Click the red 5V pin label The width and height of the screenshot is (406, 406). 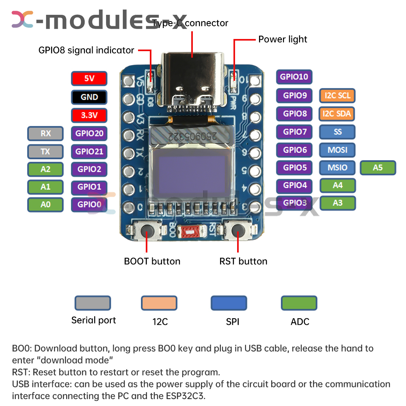(89, 78)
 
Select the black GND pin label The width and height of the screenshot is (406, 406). (89, 97)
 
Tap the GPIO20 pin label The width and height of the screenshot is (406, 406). (89, 133)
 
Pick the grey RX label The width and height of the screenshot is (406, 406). (45, 133)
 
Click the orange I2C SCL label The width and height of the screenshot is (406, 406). (337, 96)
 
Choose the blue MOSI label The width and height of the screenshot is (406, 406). (337, 150)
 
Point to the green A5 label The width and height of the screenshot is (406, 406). (378, 167)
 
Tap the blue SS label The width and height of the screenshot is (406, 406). (337, 132)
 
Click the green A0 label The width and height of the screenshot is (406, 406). (45, 205)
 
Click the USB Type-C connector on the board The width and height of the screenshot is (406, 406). (193, 77)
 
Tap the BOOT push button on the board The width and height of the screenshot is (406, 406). (147, 232)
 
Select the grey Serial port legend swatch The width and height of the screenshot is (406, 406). (93, 303)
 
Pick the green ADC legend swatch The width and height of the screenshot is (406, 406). (299, 303)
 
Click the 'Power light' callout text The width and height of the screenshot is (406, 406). (283, 39)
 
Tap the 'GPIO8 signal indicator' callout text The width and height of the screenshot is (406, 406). (86, 50)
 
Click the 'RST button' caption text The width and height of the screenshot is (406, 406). (243, 261)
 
